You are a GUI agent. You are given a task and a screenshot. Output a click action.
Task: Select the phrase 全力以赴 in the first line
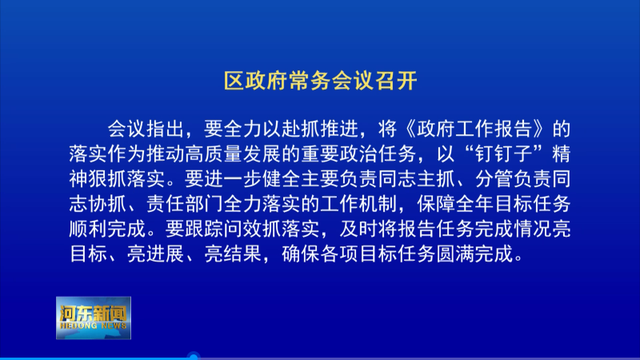coord(262,129)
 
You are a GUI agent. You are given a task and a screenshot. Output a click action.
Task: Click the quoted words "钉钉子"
coord(504,154)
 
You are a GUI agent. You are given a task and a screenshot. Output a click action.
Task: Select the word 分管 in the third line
coord(494,178)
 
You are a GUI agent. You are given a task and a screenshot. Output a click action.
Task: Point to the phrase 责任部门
coord(185,204)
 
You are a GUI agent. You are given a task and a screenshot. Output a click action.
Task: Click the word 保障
coord(436,204)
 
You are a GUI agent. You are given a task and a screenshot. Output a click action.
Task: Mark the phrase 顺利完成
coord(107,229)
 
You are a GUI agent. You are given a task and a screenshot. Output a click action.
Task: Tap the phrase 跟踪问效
coord(224,229)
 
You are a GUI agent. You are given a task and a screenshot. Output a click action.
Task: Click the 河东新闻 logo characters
coord(94,314)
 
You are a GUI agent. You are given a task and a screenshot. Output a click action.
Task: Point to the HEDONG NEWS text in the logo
coord(94,326)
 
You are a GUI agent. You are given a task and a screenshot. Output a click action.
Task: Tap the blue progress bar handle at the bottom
coord(194,356)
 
